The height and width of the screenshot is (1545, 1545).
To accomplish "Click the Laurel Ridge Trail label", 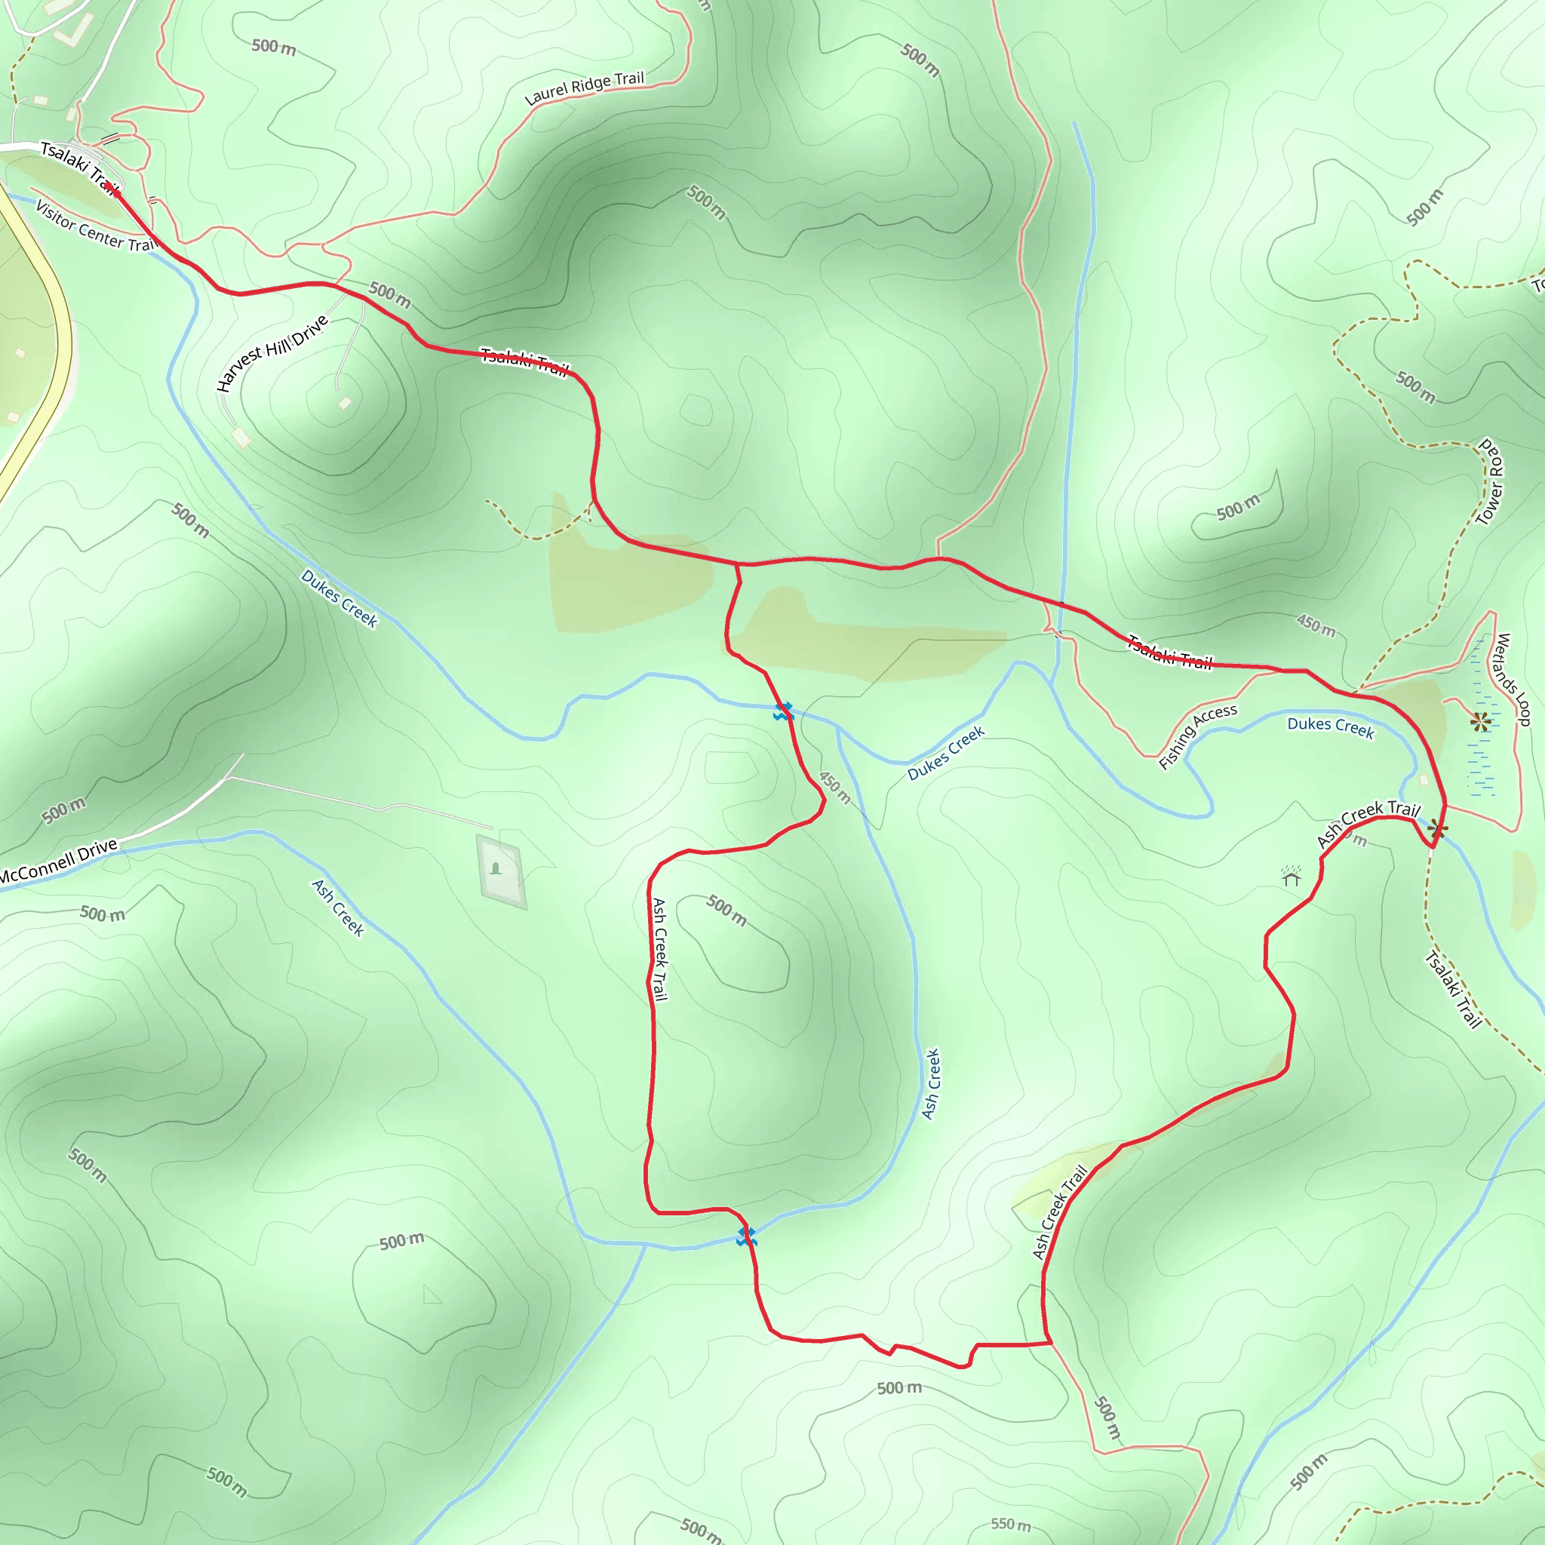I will (584, 88).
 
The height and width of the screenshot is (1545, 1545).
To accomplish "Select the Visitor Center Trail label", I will (96, 226).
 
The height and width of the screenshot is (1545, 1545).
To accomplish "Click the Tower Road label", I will (1490, 481).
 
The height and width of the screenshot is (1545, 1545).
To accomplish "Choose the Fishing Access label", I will (1197, 736).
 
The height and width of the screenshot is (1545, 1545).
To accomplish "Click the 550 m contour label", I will (1011, 1524).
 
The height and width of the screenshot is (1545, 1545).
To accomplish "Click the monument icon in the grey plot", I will (496, 868).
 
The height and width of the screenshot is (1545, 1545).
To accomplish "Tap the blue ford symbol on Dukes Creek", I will (783, 711).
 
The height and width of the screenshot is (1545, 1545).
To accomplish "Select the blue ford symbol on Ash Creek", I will (746, 1236).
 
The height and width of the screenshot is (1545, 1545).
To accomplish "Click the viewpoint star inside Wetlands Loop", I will (1481, 722).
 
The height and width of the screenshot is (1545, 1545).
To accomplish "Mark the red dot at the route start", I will (117, 192).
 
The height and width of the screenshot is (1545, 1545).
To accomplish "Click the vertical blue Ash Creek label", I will (931, 1083).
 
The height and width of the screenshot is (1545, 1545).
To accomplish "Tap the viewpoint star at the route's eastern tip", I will (1437, 828).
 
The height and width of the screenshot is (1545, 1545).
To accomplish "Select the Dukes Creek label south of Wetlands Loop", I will (1330, 727).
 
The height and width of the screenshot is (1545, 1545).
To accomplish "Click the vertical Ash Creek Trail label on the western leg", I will (659, 948).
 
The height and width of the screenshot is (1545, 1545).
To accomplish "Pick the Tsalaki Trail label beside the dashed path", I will (1453, 988).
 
